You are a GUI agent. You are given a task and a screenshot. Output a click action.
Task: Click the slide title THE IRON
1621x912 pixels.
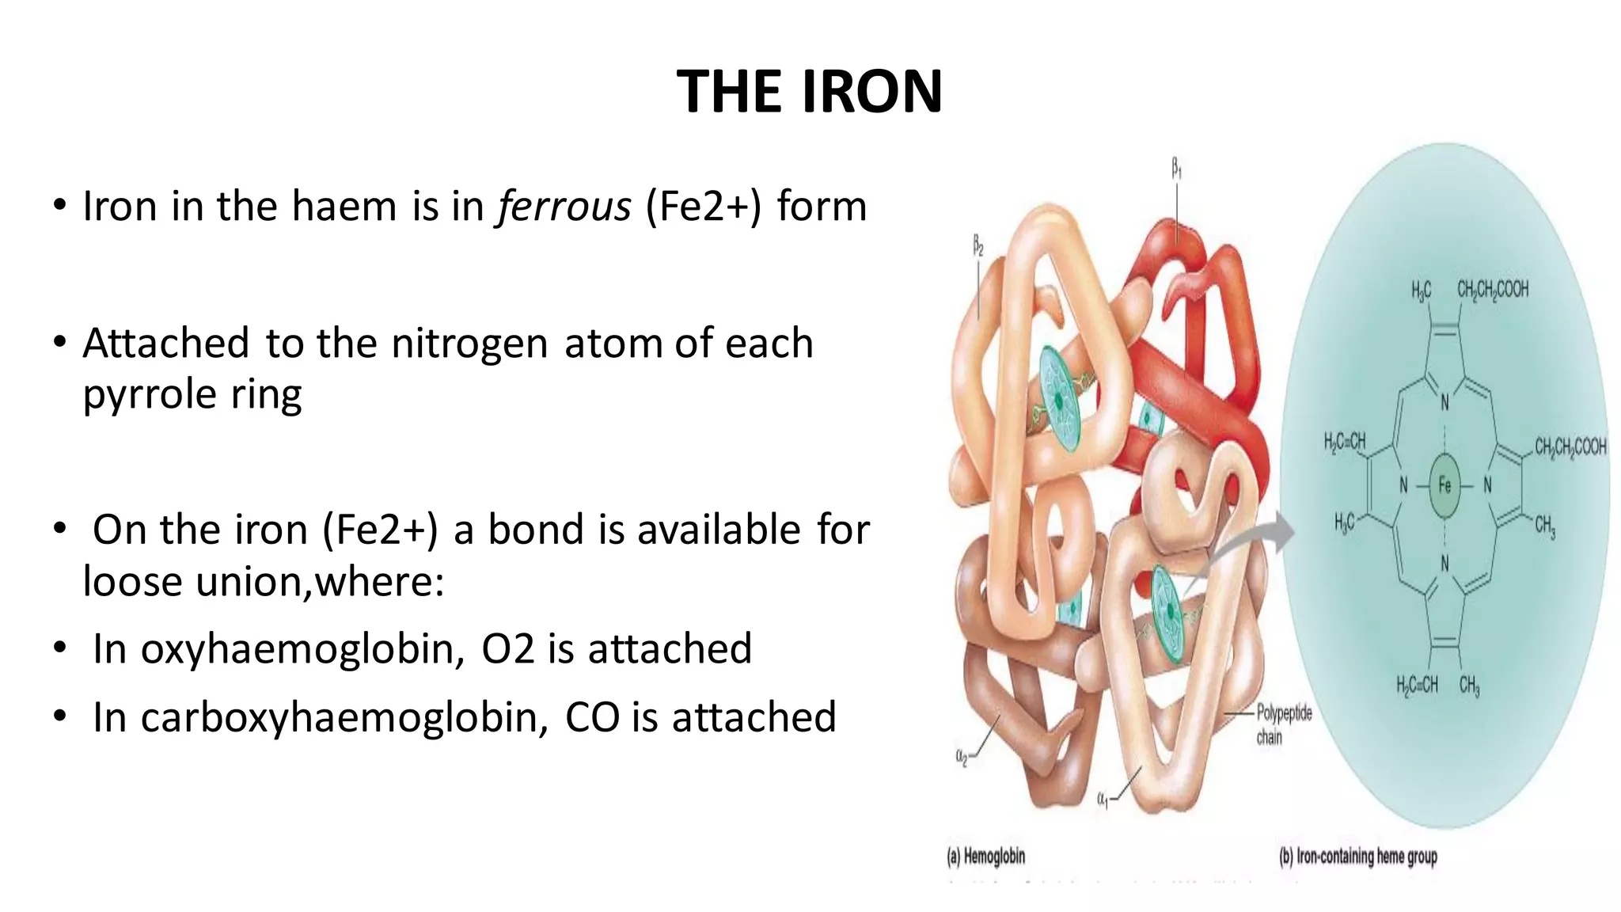[810, 91]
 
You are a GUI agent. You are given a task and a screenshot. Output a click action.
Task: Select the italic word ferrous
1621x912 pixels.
[564, 207]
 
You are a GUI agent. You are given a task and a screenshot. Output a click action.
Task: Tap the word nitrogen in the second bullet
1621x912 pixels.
[469, 344]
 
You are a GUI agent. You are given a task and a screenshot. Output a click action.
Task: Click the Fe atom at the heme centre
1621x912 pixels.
[1444, 485]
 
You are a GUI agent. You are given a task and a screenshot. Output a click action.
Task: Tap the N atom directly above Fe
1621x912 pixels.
[1444, 402]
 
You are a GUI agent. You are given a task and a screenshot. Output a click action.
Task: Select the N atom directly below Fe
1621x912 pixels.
[1444, 564]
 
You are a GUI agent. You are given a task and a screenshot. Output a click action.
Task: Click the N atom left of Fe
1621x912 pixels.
[1403, 485]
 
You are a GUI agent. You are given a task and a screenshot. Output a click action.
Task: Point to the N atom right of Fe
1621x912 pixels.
[1487, 485]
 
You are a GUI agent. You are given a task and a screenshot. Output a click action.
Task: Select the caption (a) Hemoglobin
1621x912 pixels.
[985, 856]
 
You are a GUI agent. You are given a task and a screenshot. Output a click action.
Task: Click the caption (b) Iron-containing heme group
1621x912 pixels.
[1358, 856]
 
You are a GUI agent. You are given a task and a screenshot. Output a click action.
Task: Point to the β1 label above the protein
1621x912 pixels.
[1177, 168]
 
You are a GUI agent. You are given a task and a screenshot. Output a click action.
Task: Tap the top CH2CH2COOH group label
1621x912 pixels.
[1493, 290]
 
